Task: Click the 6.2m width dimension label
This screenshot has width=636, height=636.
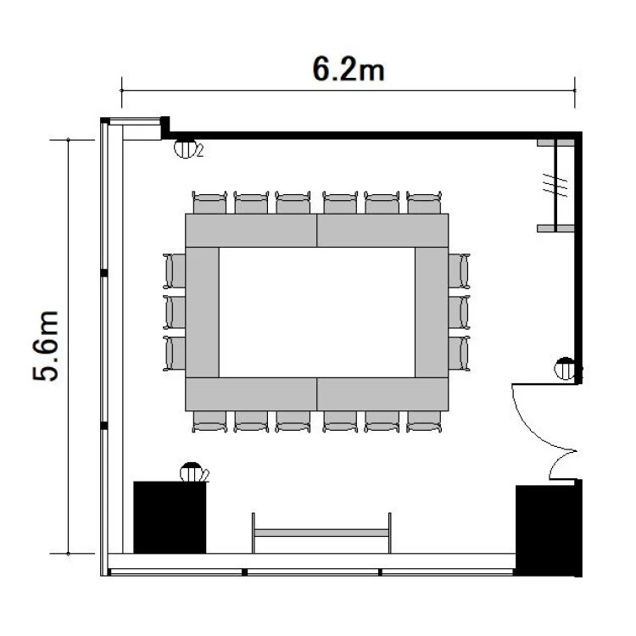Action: click(x=348, y=70)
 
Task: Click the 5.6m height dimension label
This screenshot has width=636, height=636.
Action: click(x=46, y=346)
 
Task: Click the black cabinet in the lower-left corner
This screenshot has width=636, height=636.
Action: click(x=170, y=517)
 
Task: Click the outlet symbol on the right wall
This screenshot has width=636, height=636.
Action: click(x=565, y=368)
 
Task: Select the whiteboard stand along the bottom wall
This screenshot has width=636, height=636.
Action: click(x=321, y=533)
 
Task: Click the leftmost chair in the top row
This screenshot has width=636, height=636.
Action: click(x=209, y=203)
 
